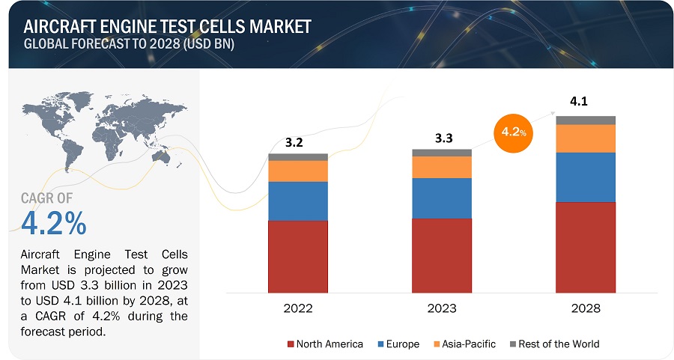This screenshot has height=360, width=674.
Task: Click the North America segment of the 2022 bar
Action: (298, 256)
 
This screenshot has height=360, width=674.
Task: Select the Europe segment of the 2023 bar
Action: (442, 198)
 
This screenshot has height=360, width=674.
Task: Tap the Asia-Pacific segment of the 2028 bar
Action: (586, 138)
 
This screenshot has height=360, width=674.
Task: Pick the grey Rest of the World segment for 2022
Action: (298, 156)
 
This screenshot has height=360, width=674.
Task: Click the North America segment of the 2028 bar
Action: (586, 247)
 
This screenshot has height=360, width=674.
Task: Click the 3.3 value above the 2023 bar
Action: (442, 138)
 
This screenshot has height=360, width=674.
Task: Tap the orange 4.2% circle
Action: (513, 132)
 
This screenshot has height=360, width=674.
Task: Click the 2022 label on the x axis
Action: (298, 308)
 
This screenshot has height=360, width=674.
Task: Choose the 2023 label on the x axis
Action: (442, 308)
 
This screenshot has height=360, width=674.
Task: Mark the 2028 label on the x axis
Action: (586, 308)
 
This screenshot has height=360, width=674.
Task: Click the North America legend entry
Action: (325, 344)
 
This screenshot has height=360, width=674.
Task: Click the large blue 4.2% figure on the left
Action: (54, 222)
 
